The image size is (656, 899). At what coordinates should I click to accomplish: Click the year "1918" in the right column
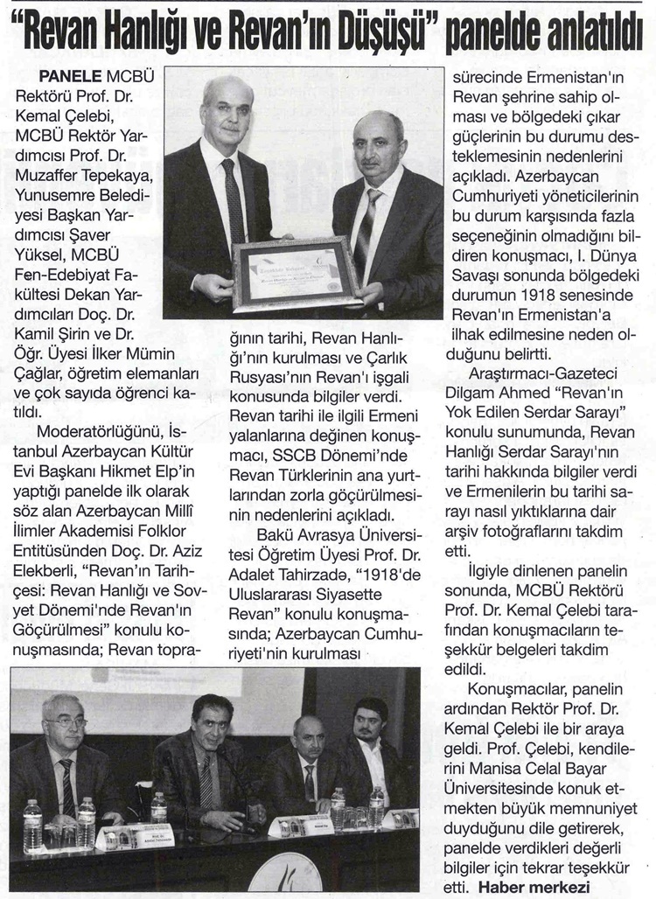[x=541, y=296]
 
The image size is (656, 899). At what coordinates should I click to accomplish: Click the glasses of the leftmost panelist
[x=66, y=722]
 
